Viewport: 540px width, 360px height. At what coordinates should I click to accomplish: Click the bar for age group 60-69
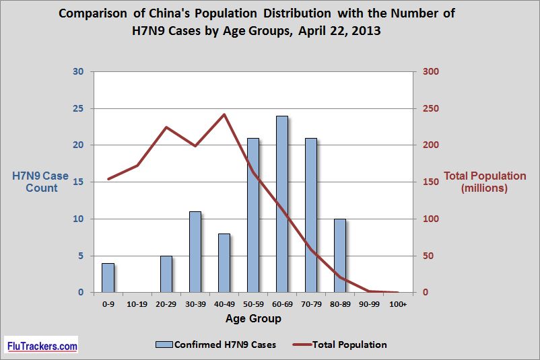(281, 205)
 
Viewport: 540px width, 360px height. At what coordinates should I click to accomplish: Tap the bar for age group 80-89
(339, 256)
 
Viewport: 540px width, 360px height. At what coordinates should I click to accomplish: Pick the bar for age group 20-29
(166, 274)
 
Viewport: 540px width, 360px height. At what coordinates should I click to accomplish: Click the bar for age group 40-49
(224, 263)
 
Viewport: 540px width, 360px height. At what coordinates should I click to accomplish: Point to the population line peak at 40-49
(224, 114)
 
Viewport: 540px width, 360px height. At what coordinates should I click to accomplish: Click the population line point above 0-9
(108, 179)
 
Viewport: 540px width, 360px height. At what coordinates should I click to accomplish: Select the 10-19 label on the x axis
(137, 304)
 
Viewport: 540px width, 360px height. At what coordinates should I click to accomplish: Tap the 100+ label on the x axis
(397, 304)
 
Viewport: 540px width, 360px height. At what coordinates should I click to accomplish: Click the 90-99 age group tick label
(368, 304)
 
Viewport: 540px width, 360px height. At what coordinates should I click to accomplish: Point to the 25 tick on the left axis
(78, 109)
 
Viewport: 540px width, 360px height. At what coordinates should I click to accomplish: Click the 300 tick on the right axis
(430, 72)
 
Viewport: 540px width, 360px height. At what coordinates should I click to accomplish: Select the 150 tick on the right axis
(430, 182)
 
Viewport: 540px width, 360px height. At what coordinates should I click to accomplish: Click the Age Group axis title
(253, 318)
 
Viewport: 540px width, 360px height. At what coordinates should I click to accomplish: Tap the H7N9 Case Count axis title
(41, 182)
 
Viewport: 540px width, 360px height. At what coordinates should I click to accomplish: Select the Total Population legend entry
(339, 345)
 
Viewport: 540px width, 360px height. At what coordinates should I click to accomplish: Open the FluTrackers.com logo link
(42, 346)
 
